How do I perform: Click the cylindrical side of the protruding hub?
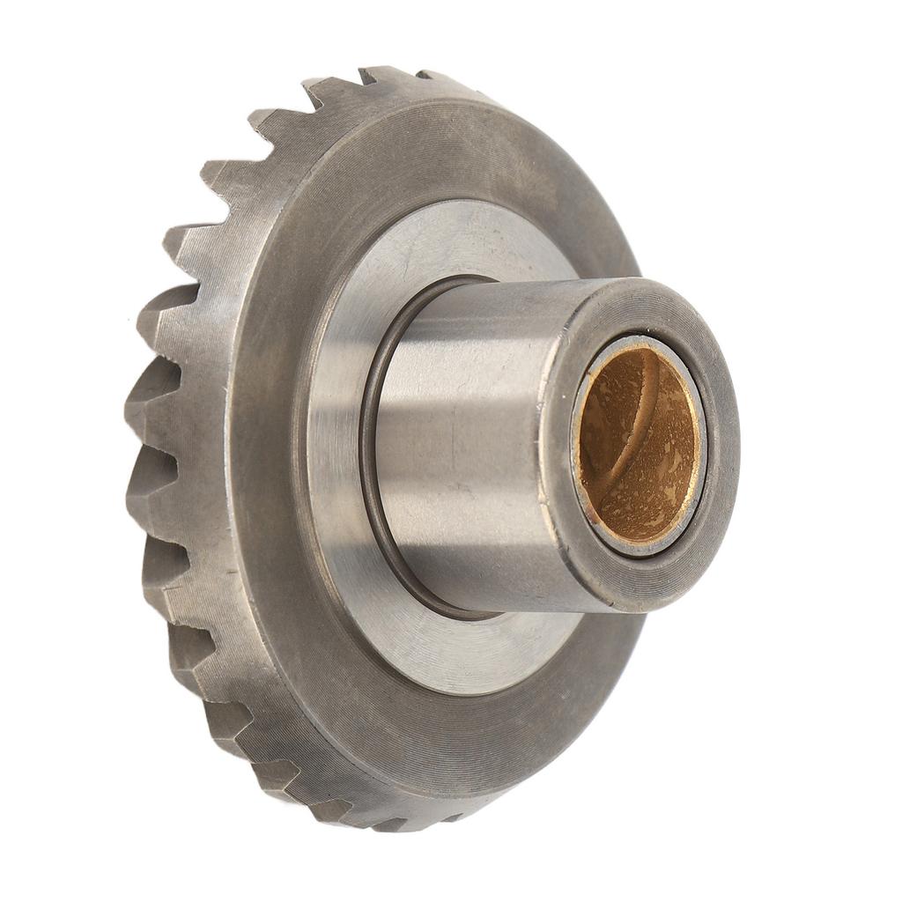pos(467,440)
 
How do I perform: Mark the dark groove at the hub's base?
pos(368,458)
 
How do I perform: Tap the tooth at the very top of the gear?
pos(388,75)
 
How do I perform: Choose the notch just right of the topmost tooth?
pos(414,79)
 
